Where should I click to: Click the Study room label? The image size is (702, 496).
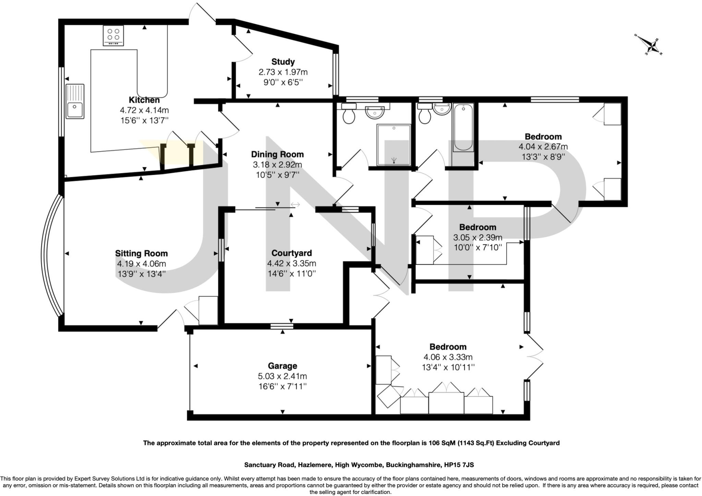click(x=283, y=62)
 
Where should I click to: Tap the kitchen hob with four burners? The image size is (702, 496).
click(x=113, y=35)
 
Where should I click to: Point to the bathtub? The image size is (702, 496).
click(x=463, y=128)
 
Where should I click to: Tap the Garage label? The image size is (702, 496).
click(x=282, y=366)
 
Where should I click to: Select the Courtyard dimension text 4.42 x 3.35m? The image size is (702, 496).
click(x=291, y=263)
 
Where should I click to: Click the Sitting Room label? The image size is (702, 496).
click(x=141, y=253)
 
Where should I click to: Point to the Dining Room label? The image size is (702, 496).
click(x=277, y=154)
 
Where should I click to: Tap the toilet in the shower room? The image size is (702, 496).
click(x=349, y=116)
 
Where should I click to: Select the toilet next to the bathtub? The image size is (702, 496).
click(x=424, y=116)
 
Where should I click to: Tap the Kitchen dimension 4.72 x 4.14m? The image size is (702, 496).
click(x=144, y=110)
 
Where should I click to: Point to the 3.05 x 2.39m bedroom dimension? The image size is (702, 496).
click(x=477, y=237)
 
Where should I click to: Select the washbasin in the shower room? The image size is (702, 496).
click(x=375, y=112)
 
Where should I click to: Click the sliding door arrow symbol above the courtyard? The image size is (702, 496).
click(x=295, y=205)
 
